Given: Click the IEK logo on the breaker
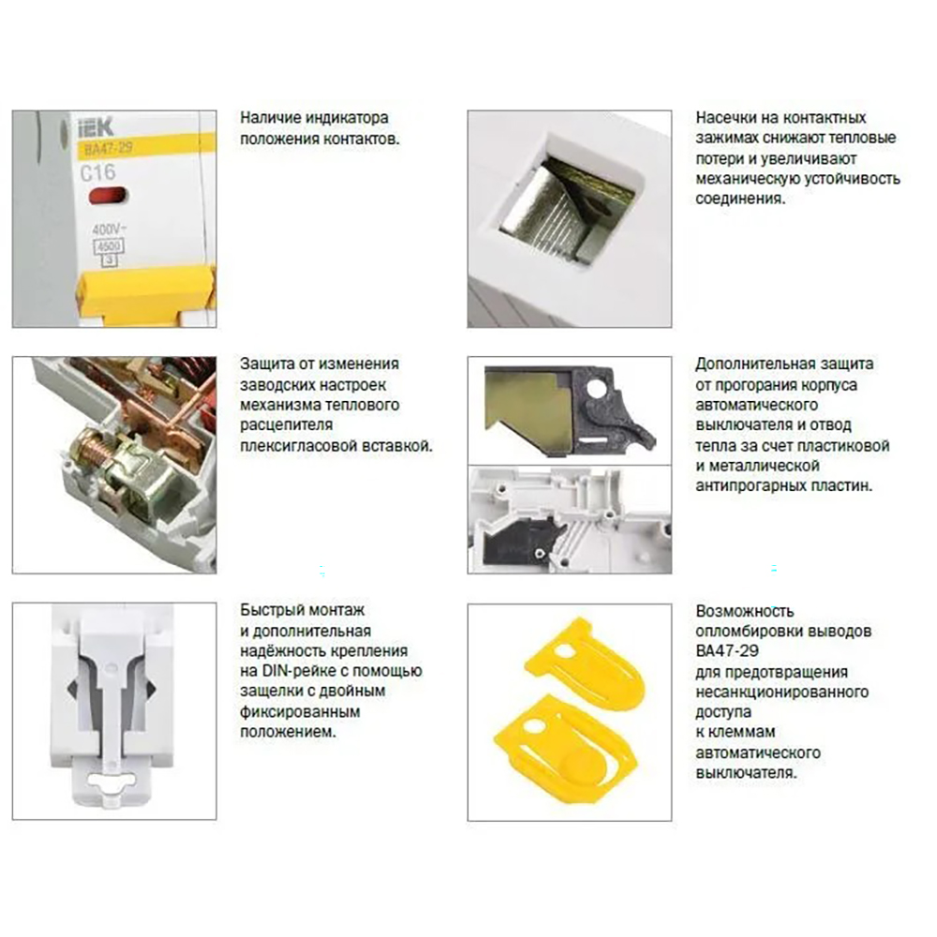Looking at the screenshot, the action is pyautogui.click(x=96, y=127).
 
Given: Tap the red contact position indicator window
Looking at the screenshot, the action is pyautogui.click(x=108, y=196).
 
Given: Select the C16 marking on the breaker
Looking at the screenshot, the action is pyautogui.click(x=97, y=172).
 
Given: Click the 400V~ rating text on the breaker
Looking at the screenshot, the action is pyautogui.click(x=110, y=229).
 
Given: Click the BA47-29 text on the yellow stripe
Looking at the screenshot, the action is pyautogui.click(x=105, y=148).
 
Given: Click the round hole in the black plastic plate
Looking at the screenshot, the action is pyautogui.click(x=596, y=389).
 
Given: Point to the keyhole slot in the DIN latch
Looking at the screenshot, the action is pyautogui.click(x=112, y=781).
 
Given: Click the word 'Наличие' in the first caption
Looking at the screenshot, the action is pyautogui.click(x=271, y=118).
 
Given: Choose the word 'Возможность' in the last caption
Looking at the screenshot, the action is pyautogui.click(x=745, y=611).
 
